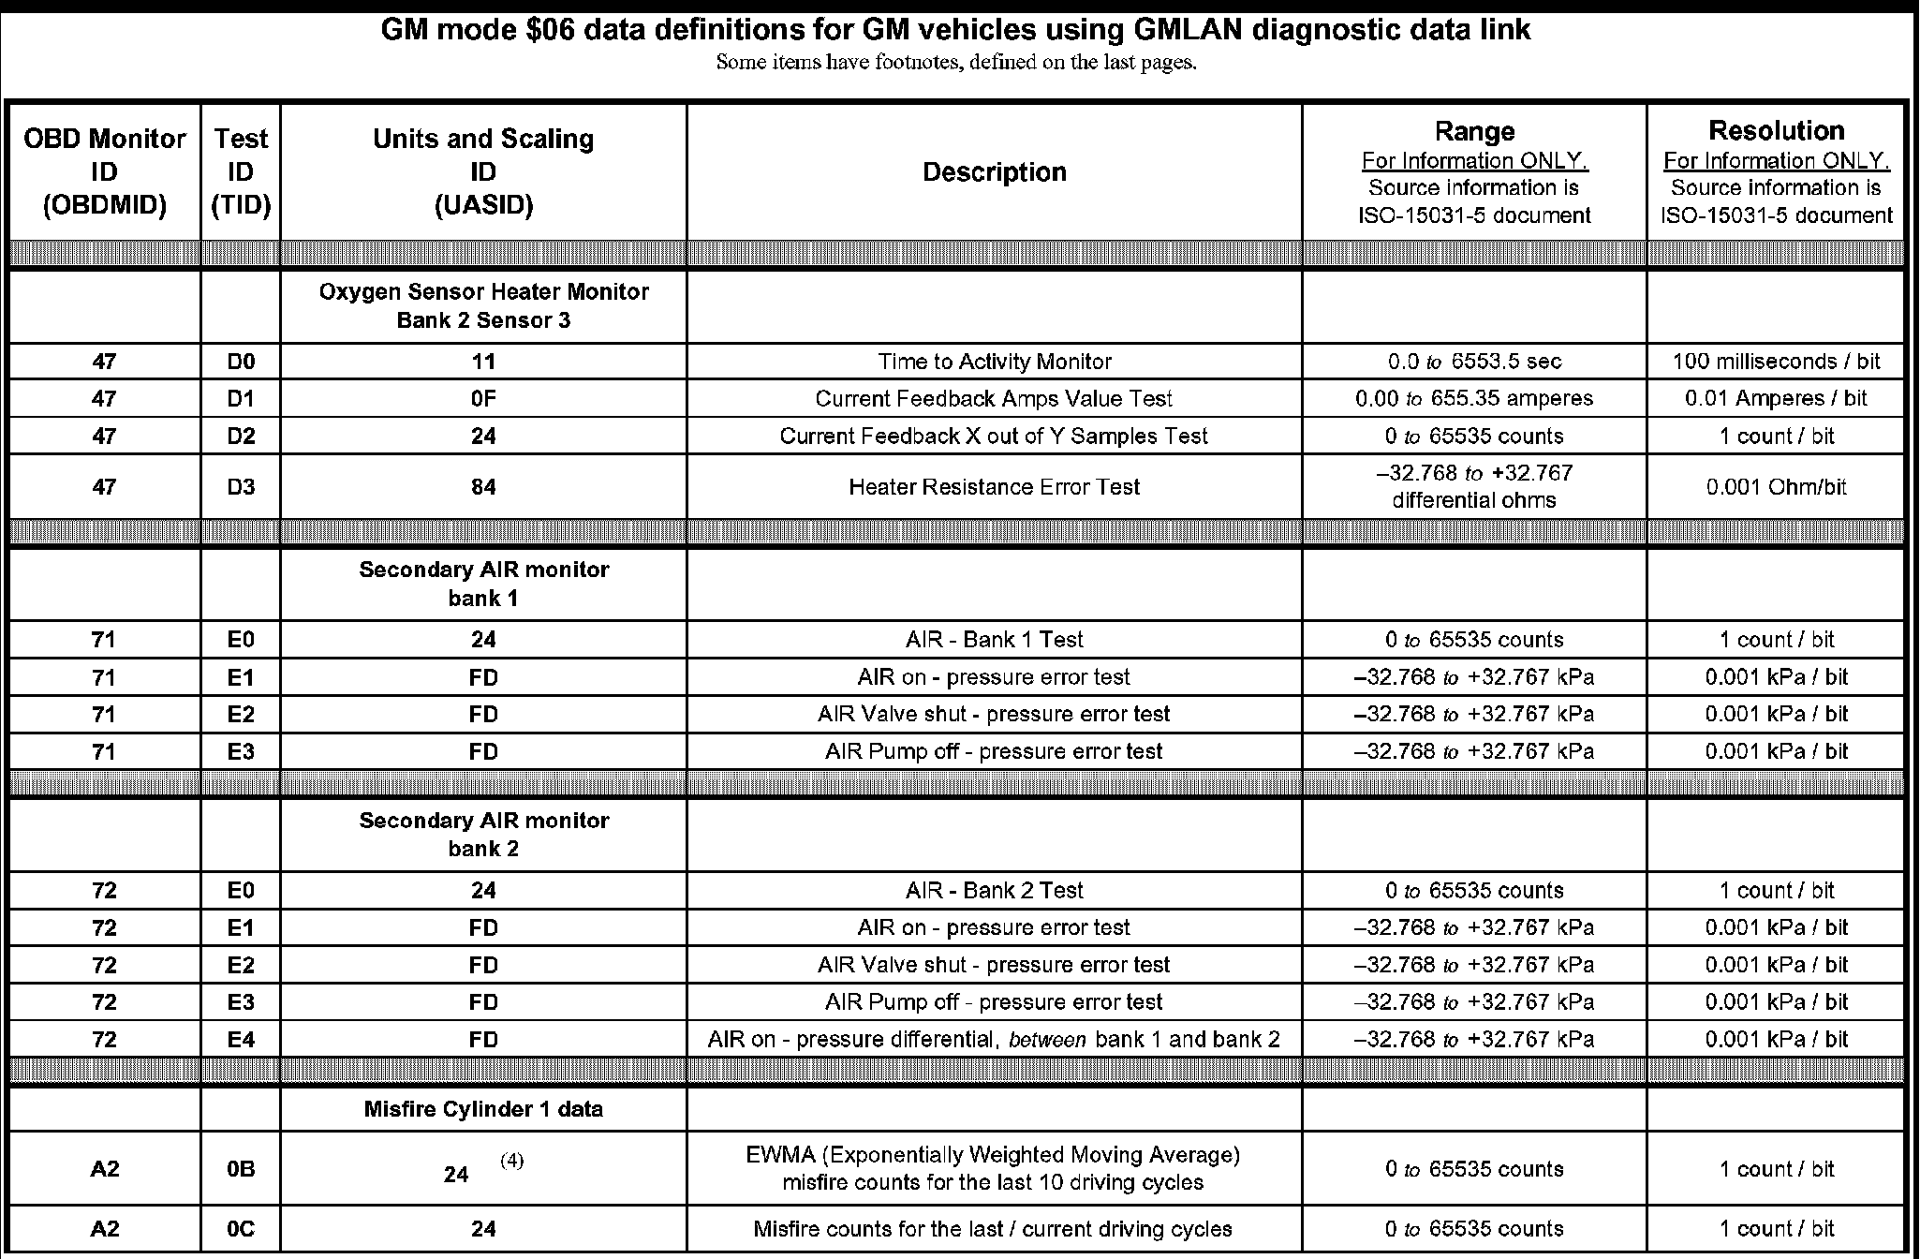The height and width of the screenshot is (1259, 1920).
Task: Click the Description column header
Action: [994, 172]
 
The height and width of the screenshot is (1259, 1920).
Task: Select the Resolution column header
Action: [1776, 131]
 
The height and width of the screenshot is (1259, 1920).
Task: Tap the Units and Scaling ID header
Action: [483, 172]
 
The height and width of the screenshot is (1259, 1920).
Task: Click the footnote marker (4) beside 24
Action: [511, 1161]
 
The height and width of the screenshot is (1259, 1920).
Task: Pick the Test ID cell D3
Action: [241, 487]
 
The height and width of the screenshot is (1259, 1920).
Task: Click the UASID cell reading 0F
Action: [483, 399]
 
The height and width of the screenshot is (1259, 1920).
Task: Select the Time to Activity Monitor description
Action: [994, 362]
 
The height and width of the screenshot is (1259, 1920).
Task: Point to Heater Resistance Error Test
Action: [994, 487]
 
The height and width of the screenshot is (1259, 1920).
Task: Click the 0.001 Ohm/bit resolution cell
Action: [1776, 487]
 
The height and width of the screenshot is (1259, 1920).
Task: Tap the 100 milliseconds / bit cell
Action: [1776, 362]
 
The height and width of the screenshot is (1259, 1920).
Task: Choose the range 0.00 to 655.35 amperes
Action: [1473, 399]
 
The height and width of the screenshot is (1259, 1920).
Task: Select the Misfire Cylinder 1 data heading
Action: [483, 1109]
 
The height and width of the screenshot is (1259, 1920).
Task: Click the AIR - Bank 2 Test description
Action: [994, 890]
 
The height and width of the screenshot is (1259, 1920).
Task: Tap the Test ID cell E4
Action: [241, 1039]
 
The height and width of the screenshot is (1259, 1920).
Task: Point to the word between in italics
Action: [1047, 1039]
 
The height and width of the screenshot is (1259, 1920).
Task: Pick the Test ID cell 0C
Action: [241, 1229]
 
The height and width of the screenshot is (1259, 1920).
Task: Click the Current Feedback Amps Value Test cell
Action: [994, 399]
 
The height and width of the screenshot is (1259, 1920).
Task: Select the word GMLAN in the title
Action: [1186, 30]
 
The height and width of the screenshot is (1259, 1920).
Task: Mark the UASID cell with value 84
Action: [483, 487]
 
